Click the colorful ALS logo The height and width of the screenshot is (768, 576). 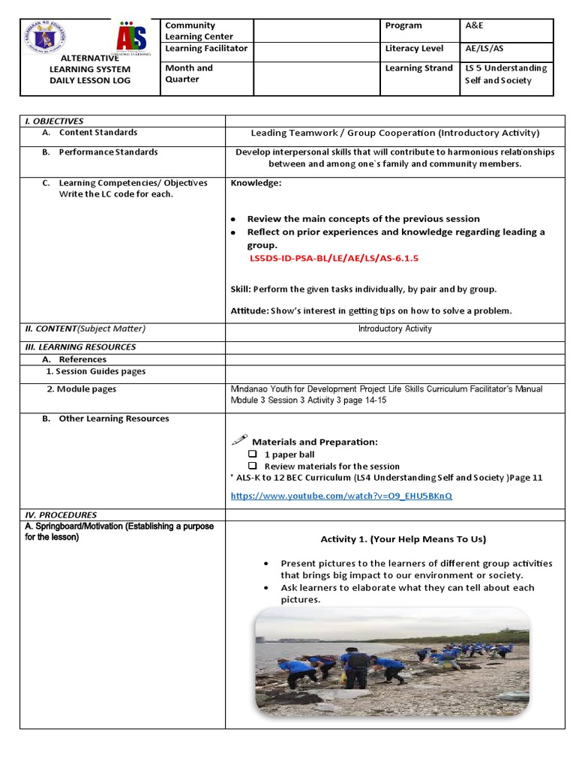(x=133, y=37)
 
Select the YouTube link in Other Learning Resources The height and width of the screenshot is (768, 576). (x=341, y=496)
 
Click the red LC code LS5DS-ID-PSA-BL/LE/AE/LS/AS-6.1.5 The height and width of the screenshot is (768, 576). (x=333, y=258)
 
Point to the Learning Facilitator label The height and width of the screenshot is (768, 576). (x=206, y=49)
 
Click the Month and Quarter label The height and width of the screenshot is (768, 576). (x=189, y=73)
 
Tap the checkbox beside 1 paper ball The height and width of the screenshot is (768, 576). (x=253, y=454)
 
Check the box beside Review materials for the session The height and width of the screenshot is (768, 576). (x=253, y=466)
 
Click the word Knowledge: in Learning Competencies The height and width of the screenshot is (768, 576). (x=256, y=183)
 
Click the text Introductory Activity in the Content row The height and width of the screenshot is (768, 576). (x=394, y=328)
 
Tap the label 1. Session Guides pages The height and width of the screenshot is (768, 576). (x=95, y=371)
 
